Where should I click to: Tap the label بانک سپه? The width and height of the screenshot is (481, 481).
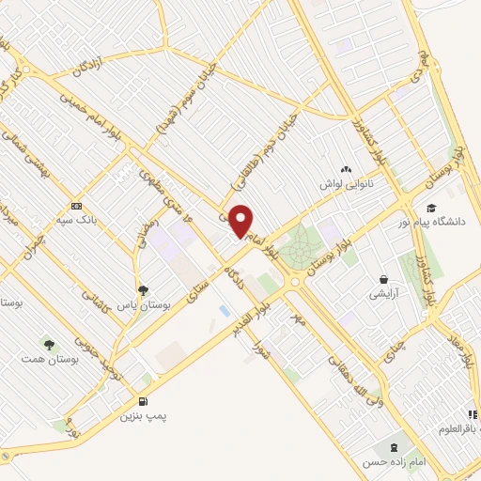pos(101,220)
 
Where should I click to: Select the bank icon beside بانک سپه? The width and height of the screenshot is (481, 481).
pos(76,206)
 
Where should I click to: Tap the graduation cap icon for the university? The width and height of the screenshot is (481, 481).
pos(431,209)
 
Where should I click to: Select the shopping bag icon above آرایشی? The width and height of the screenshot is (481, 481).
pos(383,279)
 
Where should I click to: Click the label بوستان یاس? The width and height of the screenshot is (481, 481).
pos(143,305)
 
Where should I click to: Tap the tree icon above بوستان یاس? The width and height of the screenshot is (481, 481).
pos(143,290)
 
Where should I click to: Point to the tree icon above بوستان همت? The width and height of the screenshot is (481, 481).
pos(48,345)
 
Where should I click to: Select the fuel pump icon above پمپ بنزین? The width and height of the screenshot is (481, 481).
pos(143,399)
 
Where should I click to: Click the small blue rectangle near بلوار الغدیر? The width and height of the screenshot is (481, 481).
pos(224,309)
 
